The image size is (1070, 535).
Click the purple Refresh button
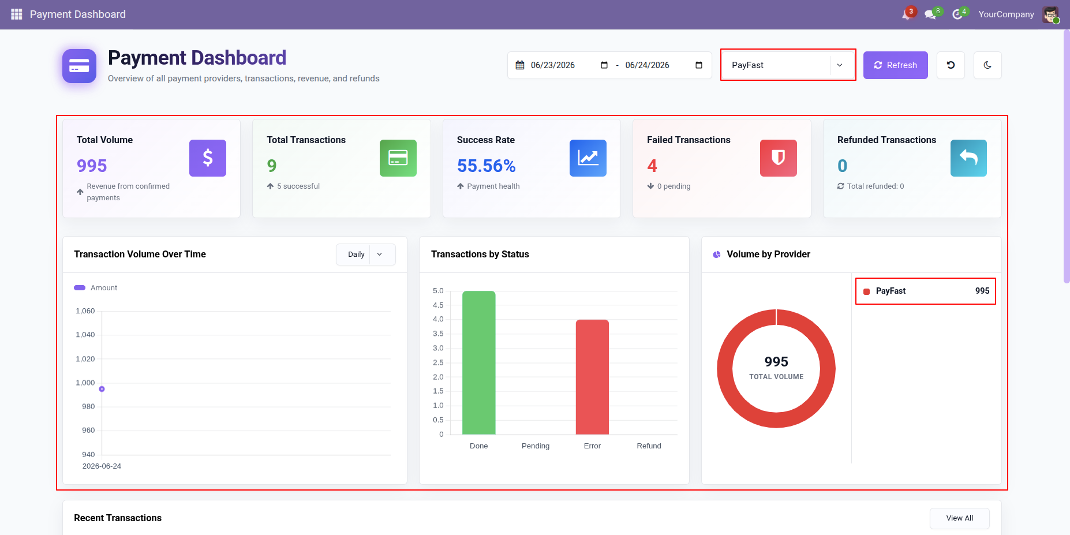coord(895,65)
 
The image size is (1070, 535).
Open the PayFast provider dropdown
coord(788,65)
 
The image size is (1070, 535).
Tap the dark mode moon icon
coord(987,65)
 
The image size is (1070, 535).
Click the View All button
coord(959,518)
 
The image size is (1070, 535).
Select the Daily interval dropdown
coord(365,255)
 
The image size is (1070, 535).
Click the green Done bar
coord(479,362)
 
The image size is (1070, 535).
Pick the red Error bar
coord(592,377)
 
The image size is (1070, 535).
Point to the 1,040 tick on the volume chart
coord(85,335)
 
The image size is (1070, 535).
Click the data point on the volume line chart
coord(102,389)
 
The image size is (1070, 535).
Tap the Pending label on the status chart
coord(536,446)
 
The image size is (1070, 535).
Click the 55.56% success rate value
coord(487,166)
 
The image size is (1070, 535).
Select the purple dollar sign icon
coord(208,158)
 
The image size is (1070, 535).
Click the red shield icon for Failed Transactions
coord(779,158)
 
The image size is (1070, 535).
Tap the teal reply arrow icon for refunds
coord(968,158)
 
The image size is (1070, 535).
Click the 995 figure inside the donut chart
coord(776,362)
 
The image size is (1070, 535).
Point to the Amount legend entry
coord(96,288)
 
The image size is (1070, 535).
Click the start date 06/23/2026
coord(553,65)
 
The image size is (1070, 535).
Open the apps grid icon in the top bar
coord(16,14)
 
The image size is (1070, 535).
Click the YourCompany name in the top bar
coord(1006,14)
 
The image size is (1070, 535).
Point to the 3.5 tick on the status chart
coord(438,334)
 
